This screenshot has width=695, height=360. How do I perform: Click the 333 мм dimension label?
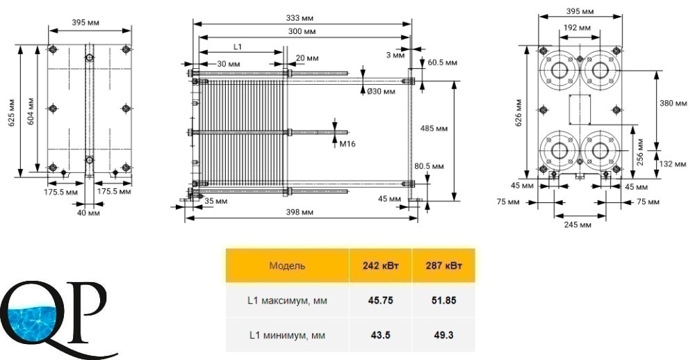coord(300,18)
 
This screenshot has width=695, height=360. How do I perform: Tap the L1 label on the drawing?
coord(238,46)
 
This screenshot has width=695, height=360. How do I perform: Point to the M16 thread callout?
coord(347,144)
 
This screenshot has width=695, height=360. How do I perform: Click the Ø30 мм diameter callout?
coord(380,92)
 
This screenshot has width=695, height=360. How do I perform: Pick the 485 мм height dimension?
coord(434,129)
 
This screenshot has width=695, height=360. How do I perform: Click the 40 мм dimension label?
coord(89,213)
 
